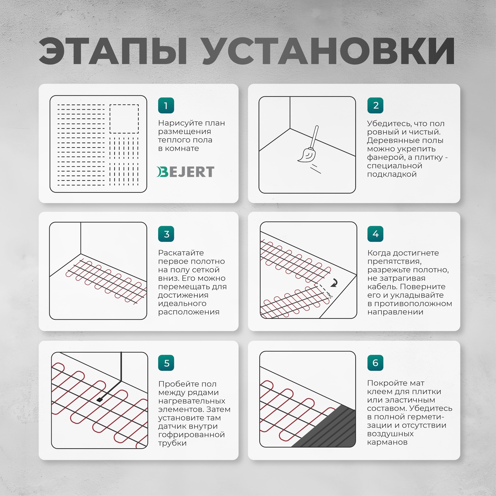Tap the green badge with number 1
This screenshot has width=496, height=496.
166,105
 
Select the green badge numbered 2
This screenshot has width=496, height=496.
375,105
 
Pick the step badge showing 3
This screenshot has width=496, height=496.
166,234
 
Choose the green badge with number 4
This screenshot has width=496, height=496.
375,234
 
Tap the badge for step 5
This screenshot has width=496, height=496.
166,363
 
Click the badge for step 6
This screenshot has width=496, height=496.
375,363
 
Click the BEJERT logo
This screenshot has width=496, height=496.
185,172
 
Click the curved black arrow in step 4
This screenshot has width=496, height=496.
334,283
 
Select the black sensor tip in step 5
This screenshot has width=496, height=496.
100,400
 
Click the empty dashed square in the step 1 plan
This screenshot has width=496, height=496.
124,119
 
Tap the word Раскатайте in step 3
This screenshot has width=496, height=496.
181,253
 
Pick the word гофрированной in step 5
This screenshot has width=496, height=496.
191,435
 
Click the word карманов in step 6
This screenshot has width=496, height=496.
387,442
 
